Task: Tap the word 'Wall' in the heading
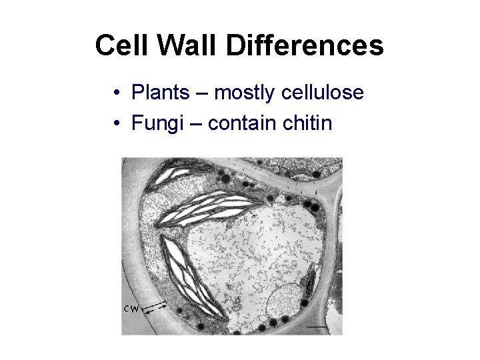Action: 179,46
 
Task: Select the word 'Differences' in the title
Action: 305,46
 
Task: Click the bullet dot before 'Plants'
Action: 117,93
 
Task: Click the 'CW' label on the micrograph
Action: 132,309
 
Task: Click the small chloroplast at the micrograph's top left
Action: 171,176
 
